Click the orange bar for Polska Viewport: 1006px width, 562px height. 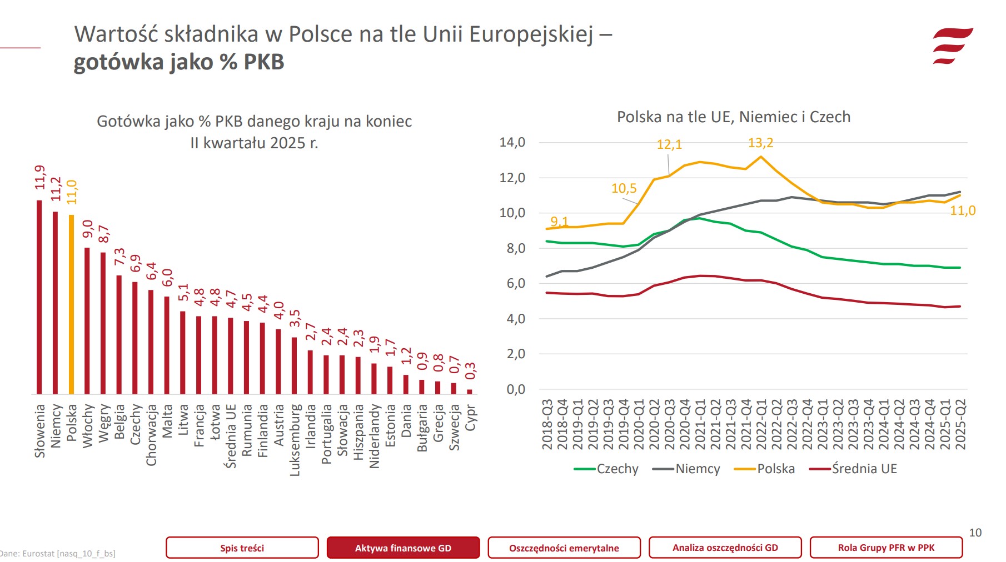click(x=71, y=304)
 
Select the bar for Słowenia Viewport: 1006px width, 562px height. click(x=39, y=297)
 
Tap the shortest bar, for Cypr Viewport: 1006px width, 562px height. click(x=470, y=392)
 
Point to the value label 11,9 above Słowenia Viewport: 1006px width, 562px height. click(x=39, y=177)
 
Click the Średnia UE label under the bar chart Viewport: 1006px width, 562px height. click(x=231, y=436)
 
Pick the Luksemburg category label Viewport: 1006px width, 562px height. click(x=295, y=440)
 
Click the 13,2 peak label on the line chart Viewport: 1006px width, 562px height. click(x=760, y=143)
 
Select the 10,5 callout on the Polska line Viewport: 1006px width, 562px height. click(x=624, y=189)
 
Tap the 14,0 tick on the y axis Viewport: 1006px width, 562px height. click(x=512, y=143)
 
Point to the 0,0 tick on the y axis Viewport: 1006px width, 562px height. click(x=515, y=389)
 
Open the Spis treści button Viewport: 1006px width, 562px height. click(x=242, y=548)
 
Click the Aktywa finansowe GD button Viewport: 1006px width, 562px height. click(x=403, y=548)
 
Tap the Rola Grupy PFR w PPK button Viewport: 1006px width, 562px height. click(x=886, y=547)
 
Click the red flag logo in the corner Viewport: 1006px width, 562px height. click(x=952, y=46)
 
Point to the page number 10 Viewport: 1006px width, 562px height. click(x=975, y=533)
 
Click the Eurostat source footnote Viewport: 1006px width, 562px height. click(x=58, y=553)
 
